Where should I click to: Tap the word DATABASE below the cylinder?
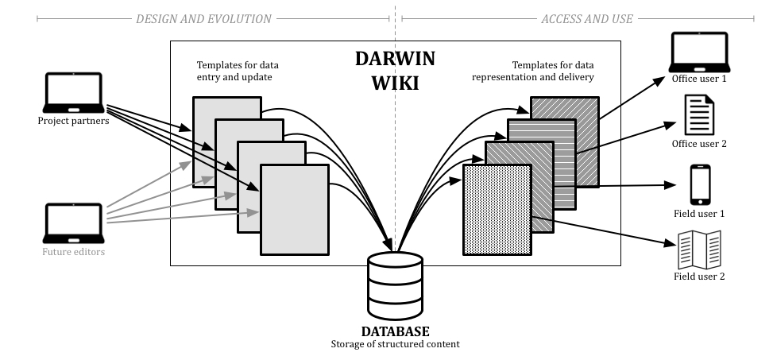(395, 331)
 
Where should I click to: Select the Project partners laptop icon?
(74, 93)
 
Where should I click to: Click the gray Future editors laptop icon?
(74, 225)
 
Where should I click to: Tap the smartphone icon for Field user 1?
(700, 184)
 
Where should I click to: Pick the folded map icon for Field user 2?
(699, 250)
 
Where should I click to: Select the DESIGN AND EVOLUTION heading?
(203, 18)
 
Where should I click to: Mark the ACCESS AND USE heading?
(587, 18)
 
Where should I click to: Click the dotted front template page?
(497, 210)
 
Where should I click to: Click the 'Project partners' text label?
(74, 121)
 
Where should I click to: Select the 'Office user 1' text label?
(700, 79)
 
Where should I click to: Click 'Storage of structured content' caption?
(395, 344)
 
